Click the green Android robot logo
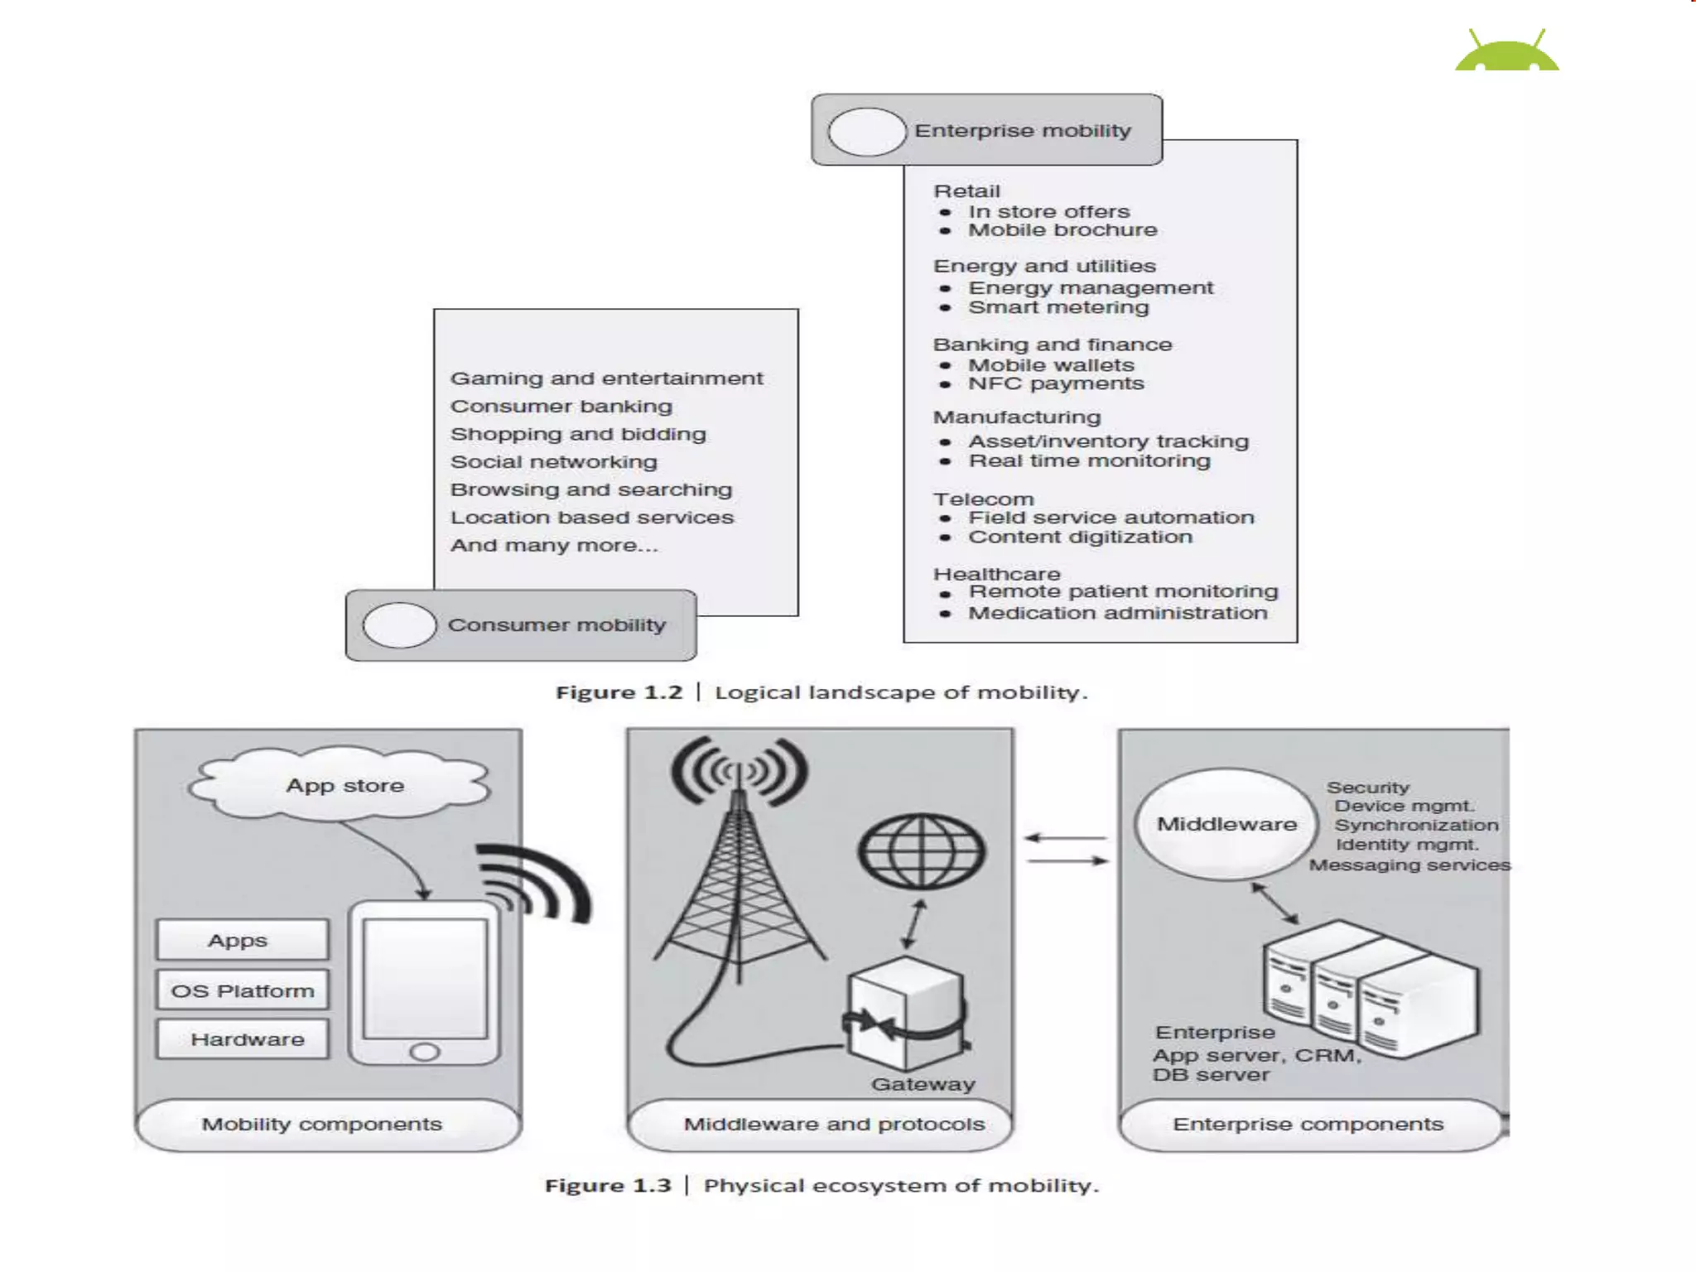point(1506,52)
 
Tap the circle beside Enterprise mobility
point(866,132)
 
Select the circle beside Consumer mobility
point(399,625)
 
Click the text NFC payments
point(1056,383)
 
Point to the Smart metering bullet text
point(1058,307)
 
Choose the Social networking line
point(553,462)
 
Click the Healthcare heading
point(996,574)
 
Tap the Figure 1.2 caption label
point(619,692)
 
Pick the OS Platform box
point(242,990)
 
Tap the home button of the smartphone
point(425,1052)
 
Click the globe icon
point(921,850)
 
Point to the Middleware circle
point(1226,824)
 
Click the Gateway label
point(923,1084)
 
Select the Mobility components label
point(321,1124)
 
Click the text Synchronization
point(1416,826)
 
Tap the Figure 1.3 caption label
point(608,1186)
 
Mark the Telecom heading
point(983,499)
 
